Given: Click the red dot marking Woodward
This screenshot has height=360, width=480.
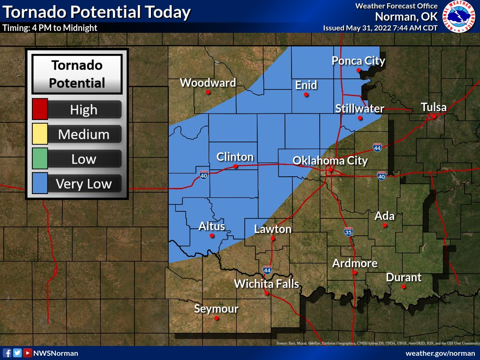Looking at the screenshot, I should [208, 92].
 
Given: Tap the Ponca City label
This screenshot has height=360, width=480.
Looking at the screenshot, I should [358, 61].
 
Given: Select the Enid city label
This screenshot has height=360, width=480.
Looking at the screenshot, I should [306, 85].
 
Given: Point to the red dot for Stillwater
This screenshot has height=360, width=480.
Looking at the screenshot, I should [360, 118].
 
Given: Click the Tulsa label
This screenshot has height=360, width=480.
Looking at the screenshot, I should [434, 107].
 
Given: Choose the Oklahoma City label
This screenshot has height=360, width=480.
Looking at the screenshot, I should [330, 161].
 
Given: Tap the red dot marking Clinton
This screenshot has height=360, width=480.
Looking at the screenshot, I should [235, 166].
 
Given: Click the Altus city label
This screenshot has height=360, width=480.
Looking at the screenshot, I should [212, 226].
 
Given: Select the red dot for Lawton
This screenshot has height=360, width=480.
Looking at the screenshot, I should [273, 238].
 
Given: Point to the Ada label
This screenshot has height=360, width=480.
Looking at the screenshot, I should [384, 216].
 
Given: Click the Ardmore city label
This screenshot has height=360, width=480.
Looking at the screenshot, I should [355, 263].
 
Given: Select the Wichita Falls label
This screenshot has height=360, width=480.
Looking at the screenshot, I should [266, 284].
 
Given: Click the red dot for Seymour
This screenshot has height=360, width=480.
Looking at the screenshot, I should [217, 318].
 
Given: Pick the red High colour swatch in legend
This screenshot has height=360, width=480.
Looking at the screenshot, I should [39, 110].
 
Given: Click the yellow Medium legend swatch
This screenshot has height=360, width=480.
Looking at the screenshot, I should [39, 135].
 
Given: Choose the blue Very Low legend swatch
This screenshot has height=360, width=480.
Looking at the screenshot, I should [39, 183].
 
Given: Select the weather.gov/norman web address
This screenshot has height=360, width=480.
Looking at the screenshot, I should [440, 353].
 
